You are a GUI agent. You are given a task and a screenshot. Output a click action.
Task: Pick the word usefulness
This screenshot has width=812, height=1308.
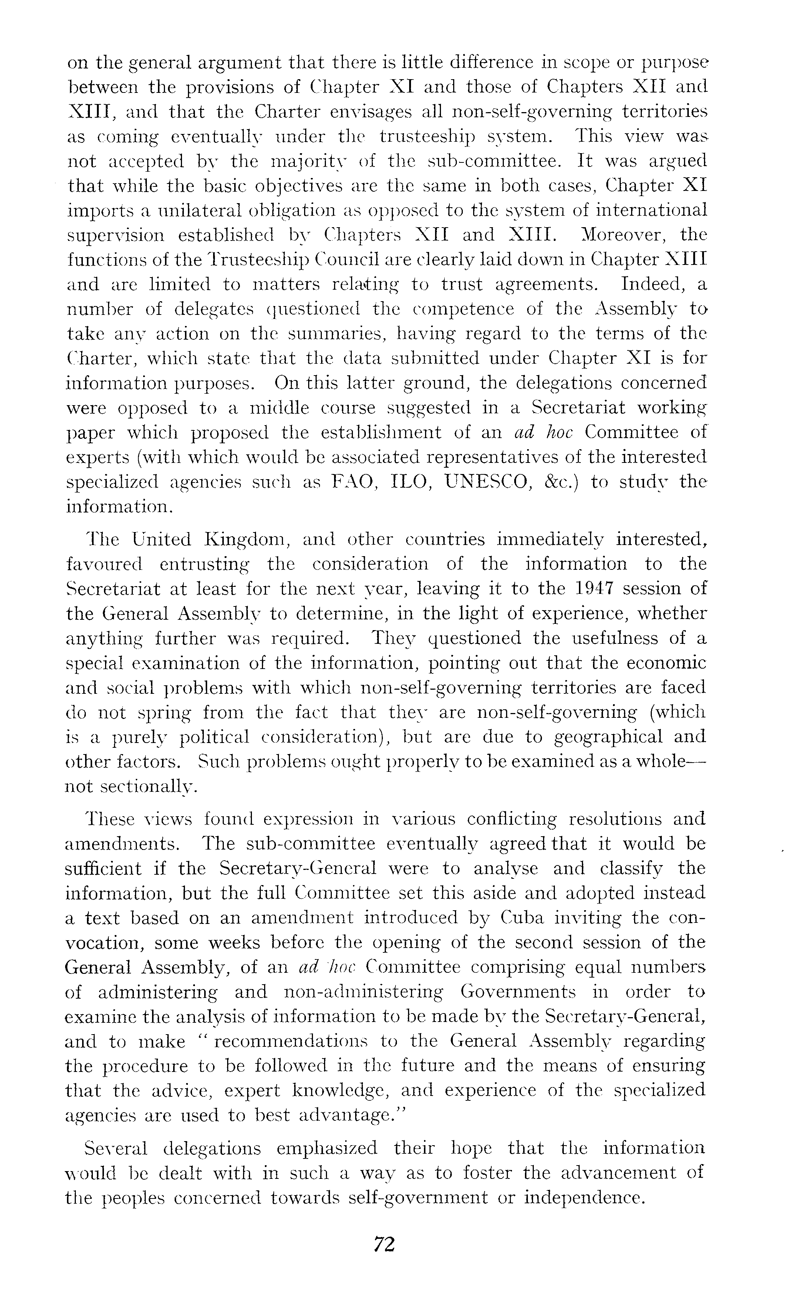(x=616, y=638)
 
